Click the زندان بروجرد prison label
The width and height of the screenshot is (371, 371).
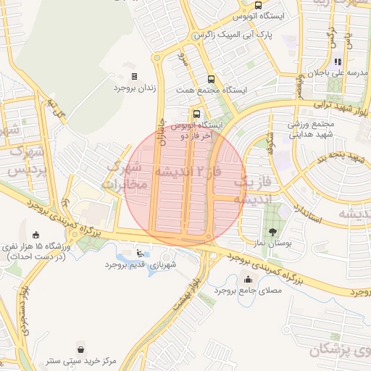(135, 88)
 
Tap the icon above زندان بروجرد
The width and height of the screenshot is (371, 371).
(134, 76)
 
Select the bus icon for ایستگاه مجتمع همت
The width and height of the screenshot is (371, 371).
(211, 79)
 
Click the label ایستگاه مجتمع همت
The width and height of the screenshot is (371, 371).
(212, 90)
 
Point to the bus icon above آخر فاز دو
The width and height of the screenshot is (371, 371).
(196, 114)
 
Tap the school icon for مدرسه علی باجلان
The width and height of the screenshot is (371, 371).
(337, 62)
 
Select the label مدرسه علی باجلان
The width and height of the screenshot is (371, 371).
(340, 73)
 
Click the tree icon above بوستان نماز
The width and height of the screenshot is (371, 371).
(272, 232)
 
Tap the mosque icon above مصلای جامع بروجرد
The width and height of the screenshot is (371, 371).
(249, 279)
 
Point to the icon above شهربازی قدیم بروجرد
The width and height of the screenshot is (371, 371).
(139, 254)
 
